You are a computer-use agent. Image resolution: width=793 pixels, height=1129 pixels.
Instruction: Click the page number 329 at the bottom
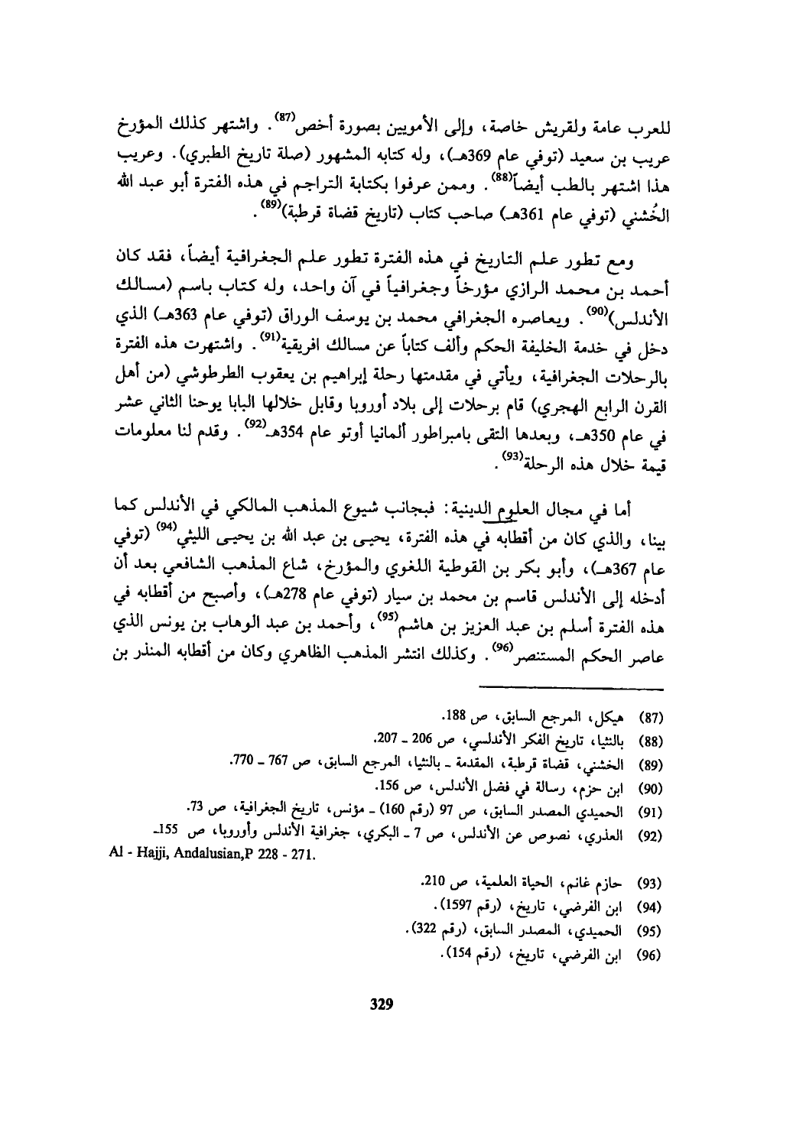click(380, 1003)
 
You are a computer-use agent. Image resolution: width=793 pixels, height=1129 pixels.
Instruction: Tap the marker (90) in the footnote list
click(648, 787)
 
